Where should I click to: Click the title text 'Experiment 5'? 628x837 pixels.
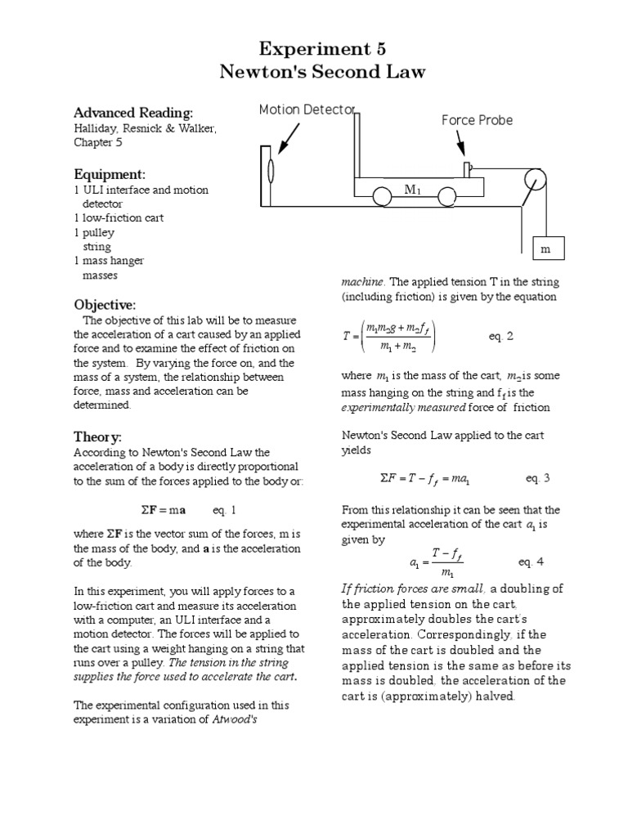(x=322, y=48)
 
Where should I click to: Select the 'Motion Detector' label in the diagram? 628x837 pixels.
(x=307, y=110)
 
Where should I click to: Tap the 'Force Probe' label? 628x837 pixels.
(x=477, y=120)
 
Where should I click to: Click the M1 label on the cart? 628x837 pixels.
(x=412, y=190)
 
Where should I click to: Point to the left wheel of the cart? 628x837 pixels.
(x=382, y=197)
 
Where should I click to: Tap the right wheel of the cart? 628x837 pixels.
(x=446, y=197)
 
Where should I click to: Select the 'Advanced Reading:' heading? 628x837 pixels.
(x=133, y=112)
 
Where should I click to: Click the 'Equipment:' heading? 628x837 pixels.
(x=110, y=174)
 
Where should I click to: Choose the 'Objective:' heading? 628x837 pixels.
(x=105, y=304)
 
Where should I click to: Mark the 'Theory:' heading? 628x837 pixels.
(x=97, y=436)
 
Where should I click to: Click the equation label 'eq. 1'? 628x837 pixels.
(x=224, y=511)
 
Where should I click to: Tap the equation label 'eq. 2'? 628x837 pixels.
(x=501, y=336)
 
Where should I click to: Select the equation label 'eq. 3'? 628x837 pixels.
(x=536, y=478)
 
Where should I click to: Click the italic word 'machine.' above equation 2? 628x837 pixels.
(x=361, y=281)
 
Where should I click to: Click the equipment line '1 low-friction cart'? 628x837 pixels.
(x=119, y=217)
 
